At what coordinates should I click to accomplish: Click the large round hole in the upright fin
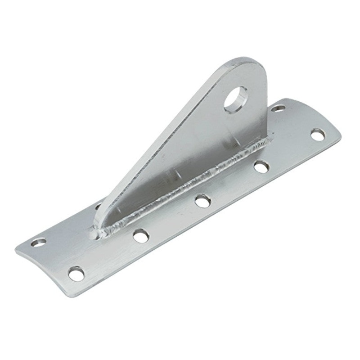(236, 99)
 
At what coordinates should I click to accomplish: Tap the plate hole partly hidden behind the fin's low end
(98, 206)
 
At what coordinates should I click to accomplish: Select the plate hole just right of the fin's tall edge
(278, 108)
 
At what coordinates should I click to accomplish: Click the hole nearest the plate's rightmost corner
(318, 134)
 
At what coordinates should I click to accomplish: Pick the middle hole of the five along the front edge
(203, 201)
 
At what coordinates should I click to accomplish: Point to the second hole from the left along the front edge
(141, 235)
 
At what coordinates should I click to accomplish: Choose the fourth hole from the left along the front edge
(261, 167)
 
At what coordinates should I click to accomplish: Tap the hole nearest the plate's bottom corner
(76, 273)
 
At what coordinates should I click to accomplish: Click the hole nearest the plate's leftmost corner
(38, 243)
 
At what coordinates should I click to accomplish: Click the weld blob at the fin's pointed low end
(97, 232)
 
